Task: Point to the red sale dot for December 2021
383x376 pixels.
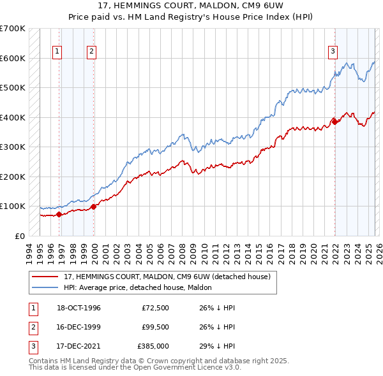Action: tap(334, 121)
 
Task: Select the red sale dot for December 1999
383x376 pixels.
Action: tap(94, 206)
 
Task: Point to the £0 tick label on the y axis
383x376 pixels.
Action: tap(19, 236)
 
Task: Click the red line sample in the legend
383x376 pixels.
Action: tap(45, 277)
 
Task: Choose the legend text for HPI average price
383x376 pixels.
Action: tap(142, 287)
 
